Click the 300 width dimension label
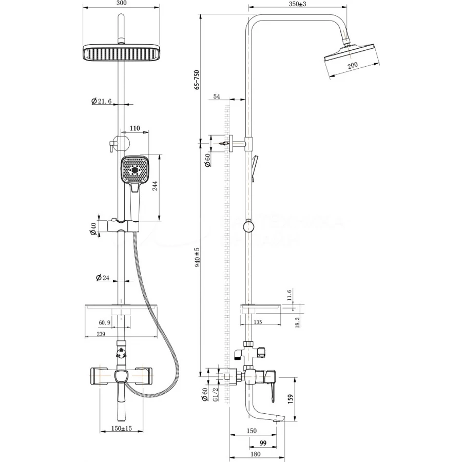click(122, 4)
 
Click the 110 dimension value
click(134, 128)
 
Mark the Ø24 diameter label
click(103, 278)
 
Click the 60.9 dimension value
click(105, 322)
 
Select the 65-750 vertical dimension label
click(197, 79)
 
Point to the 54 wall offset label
click(216, 97)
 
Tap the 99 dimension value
click(263, 443)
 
